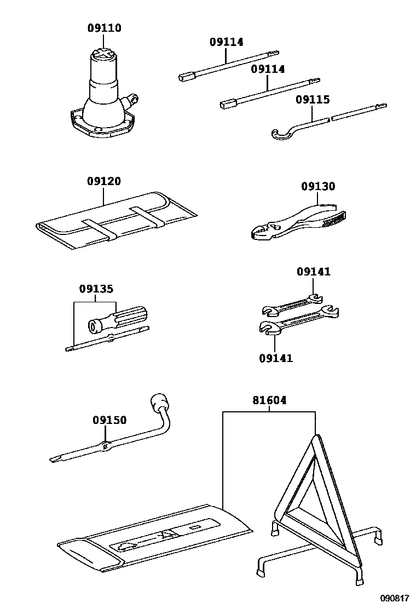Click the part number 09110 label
[104, 28]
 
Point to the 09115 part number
[313, 100]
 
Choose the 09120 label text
[103, 181]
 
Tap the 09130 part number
[317, 187]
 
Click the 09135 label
[96, 289]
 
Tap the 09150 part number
[109, 420]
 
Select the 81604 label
[269, 401]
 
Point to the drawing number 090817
[395, 599]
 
